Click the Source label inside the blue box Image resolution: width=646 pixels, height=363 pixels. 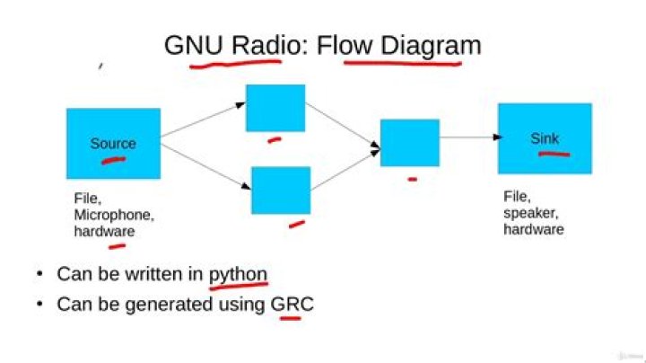click(x=113, y=144)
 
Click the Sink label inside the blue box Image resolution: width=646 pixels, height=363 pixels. click(x=545, y=138)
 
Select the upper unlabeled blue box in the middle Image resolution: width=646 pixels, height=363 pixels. click(x=275, y=108)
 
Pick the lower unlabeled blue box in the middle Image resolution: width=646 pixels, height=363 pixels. click(x=281, y=190)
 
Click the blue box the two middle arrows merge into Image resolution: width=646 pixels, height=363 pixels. click(x=409, y=142)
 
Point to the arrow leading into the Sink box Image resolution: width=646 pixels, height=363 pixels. click(x=468, y=137)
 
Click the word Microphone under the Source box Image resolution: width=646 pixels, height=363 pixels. click(x=114, y=216)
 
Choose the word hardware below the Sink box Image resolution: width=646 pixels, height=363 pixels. click(x=534, y=229)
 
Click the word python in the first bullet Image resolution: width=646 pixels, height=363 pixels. click(x=238, y=274)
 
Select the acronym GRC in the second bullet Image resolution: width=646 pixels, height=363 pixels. click(x=292, y=305)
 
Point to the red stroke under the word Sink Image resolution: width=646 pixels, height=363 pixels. click(x=554, y=154)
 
